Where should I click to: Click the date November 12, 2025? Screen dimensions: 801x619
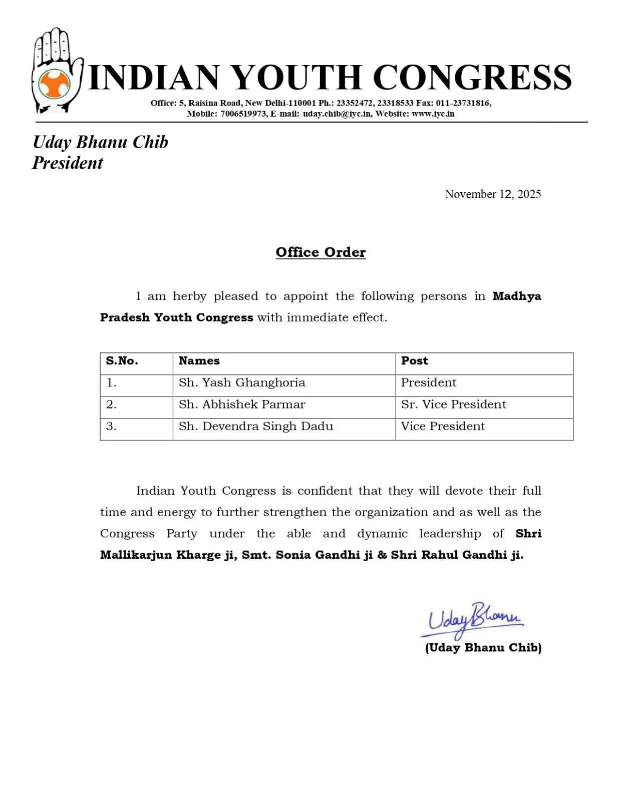pyautogui.click(x=493, y=194)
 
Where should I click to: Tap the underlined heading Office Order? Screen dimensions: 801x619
pyautogui.click(x=321, y=252)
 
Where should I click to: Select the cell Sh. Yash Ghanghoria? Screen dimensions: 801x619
pyautogui.click(x=242, y=383)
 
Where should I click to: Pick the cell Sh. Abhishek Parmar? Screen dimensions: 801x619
pyautogui.click(x=242, y=405)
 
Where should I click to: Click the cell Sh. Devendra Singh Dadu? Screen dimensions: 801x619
pyautogui.click(x=256, y=427)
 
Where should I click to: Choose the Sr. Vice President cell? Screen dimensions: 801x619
pyautogui.click(x=453, y=405)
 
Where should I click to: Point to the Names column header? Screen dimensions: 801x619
pyautogui.click(x=199, y=361)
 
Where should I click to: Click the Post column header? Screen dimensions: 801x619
pyautogui.click(x=415, y=361)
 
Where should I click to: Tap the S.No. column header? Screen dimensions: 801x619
pyautogui.click(x=122, y=361)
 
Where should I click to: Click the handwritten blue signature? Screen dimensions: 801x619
pyautogui.click(x=474, y=619)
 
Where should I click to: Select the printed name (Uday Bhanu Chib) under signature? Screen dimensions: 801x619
pyautogui.click(x=483, y=648)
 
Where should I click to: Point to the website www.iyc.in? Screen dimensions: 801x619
pyautogui.click(x=433, y=114)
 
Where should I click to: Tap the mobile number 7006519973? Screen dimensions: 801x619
pyautogui.click(x=243, y=114)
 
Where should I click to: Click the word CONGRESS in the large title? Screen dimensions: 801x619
pyautogui.click(x=472, y=77)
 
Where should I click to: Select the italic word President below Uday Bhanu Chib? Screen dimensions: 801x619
pyautogui.click(x=68, y=163)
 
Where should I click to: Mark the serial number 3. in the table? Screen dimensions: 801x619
pyautogui.click(x=111, y=427)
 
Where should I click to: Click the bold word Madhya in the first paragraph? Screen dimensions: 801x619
pyautogui.click(x=517, y=296)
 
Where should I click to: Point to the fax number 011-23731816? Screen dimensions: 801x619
pyautogui.click(x=463, y=103)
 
